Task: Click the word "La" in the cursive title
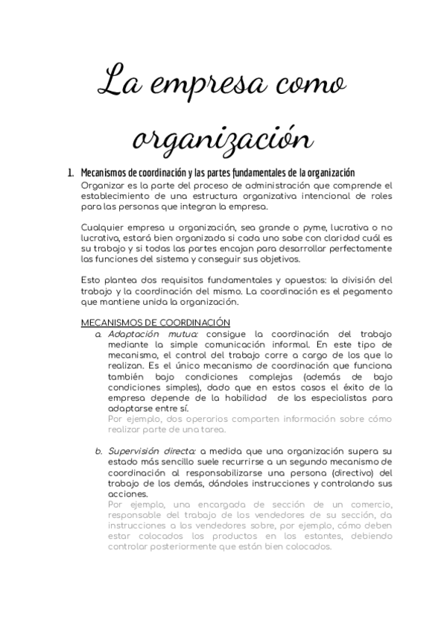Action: (x=121, y=80)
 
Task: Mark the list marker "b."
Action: (x=98, y=452)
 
